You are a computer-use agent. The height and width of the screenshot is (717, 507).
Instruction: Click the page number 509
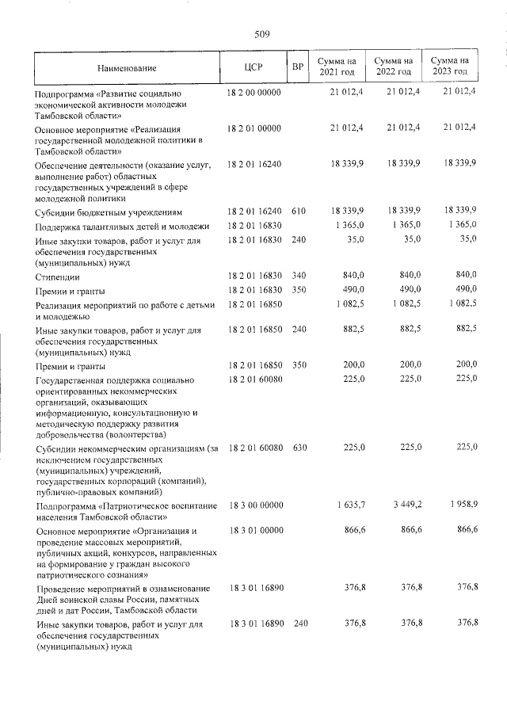click(x=262, y=35)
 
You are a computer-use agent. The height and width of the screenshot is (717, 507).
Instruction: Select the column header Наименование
click(x=127, y=68)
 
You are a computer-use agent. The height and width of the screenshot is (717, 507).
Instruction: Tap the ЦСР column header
click(x=254, y=68)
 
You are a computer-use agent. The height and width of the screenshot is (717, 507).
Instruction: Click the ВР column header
click(x=298, y=68)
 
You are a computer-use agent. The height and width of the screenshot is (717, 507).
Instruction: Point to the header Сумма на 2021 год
click(x=337, y=67)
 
